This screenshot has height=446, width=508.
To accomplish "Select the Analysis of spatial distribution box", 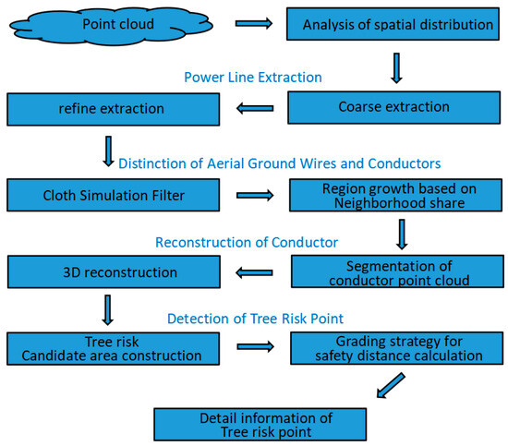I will tap(397, 24).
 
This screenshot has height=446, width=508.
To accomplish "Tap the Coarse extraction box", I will tap(397, 107).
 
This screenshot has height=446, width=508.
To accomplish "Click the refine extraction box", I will tap(112, 109).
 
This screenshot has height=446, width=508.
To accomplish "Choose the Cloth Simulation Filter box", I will tap(112, 195).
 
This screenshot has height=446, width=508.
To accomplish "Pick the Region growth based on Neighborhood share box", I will tap(397, 195).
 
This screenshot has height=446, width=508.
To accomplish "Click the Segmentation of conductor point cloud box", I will tap(397, 272).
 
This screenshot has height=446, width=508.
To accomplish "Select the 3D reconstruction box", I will tap(112, 272).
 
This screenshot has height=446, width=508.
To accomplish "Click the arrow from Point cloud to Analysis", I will tap(253, 23).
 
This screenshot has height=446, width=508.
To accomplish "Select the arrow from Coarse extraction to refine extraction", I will tap(253, 108).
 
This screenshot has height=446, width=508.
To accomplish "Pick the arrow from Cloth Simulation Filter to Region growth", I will tap(253, 196).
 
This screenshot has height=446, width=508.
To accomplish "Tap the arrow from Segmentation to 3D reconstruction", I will tap(253, 273).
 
